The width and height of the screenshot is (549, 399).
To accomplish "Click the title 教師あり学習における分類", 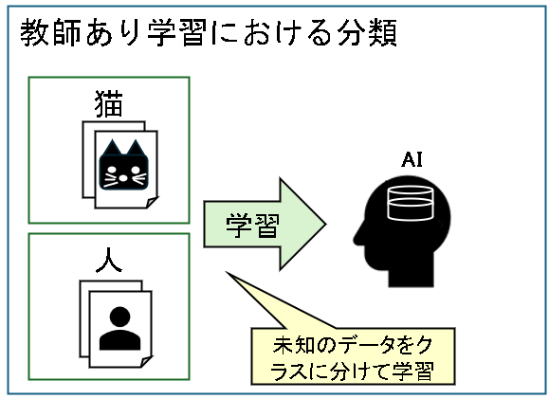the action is pos(209,32).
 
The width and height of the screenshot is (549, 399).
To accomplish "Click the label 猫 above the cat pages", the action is pos(109,103).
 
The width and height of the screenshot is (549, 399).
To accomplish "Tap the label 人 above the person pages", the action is pos(109,260).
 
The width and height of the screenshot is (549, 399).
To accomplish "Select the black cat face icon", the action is pos(123,165).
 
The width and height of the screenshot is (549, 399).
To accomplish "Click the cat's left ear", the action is pos(112,148).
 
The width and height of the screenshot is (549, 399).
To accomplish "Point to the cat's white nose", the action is pos(123,178).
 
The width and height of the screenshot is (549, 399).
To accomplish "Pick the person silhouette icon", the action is pos(120,328).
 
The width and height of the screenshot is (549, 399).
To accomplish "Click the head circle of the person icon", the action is pos(120,317).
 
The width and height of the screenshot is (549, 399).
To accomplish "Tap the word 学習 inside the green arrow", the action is pos(252,226).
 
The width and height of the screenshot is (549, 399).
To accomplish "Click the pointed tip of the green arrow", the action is pos(326,224).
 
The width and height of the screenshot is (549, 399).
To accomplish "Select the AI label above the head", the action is pos(412,160).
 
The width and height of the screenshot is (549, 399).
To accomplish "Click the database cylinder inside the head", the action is pos(411,204).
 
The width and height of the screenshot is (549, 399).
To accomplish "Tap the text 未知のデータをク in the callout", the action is pos(353,345).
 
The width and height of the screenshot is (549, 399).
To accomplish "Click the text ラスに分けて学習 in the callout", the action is pos(353,371).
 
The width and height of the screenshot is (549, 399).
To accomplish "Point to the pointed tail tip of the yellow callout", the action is pos(227,272).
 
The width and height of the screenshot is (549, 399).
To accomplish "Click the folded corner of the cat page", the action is pos(152,203).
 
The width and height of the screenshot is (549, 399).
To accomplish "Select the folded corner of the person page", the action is pos(146,361).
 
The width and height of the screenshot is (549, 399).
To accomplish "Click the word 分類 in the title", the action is pos(367,32).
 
